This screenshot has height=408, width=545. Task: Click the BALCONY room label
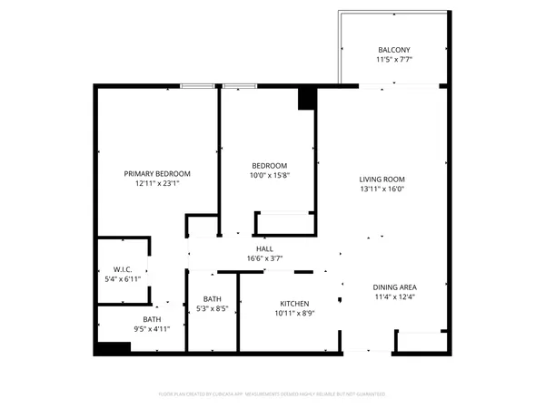point(394,49)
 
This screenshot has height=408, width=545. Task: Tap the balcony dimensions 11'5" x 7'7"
point(394,62)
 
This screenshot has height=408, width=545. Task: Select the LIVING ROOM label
point(381,179)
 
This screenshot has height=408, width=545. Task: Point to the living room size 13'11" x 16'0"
point(381,190)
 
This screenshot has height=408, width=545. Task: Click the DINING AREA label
point(394,287)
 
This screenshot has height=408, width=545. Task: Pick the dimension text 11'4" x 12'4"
point(394,298)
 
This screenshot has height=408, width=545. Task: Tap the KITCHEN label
point(294,303)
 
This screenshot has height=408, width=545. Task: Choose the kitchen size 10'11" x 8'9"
point(294,314)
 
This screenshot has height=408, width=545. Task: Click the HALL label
point(264,248)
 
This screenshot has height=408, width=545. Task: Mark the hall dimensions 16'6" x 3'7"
point(264,259)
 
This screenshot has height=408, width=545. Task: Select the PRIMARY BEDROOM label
point(157,173)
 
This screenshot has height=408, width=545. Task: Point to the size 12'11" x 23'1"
point(157,184)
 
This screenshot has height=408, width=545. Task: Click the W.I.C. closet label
point(124,269)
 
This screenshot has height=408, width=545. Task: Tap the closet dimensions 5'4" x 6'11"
point(124,280)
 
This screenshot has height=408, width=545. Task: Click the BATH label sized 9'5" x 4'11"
point(151,318)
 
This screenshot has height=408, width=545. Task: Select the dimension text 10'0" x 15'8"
point(270,176)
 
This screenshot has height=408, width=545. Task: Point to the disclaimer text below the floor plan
point(272,394)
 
